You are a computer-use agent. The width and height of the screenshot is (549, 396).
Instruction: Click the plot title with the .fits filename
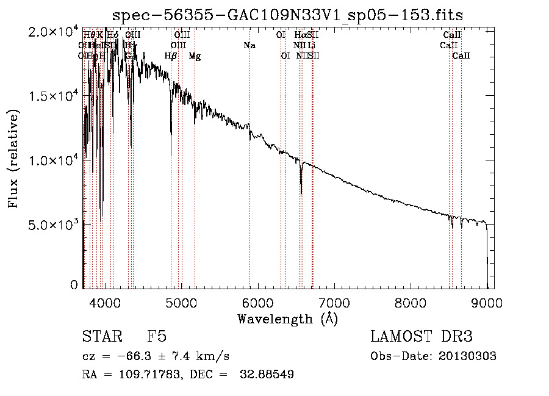(x=292, y=15)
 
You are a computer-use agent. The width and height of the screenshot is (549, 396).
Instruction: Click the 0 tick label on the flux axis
(x=74, y=285)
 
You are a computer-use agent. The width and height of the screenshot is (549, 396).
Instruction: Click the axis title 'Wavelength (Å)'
(x=287, y=319)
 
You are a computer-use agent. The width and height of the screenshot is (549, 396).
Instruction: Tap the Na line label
(x=249, y=46)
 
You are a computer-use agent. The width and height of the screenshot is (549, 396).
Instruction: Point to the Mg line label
(x=195, y=56)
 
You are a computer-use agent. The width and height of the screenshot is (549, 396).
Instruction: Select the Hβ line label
(x=171, y=56)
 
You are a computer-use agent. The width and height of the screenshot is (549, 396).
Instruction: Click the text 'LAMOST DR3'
(x=422, y=337)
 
